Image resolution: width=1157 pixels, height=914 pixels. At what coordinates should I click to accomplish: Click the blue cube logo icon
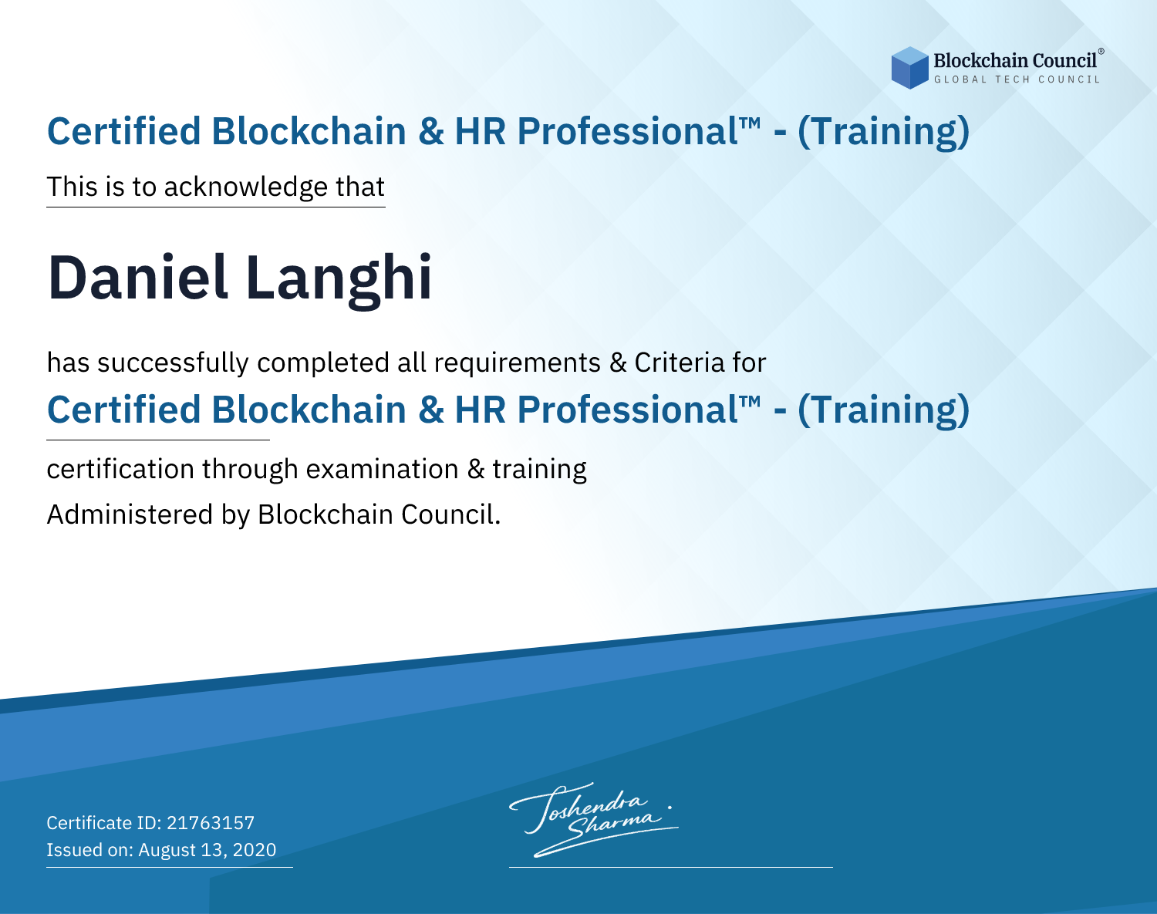pos(909,68)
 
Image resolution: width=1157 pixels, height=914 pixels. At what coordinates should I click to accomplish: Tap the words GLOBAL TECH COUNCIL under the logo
pos(1017,79)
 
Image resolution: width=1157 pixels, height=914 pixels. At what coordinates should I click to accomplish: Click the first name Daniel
pos(137,278)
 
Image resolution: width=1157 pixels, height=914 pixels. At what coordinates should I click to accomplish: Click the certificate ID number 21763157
pos(211,822)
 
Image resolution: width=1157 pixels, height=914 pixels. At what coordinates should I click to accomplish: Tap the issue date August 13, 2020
pos(207,850)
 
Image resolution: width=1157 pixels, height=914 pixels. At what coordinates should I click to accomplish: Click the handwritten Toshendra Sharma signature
pos(594,819)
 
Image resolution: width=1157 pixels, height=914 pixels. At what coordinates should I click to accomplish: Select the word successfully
pos(173,363)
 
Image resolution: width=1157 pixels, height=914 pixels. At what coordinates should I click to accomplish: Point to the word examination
pos(383,469)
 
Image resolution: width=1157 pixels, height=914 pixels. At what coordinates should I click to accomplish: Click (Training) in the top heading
pos(883,132)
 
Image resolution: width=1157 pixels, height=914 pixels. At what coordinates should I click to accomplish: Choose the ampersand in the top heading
pos(430,132)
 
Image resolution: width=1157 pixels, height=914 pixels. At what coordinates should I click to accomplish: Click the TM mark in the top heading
pos(751,123)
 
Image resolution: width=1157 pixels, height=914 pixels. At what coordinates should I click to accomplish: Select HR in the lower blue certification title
pos(481,410)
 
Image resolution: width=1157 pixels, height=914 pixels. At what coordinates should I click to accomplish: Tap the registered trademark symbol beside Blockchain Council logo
pos(1101,52)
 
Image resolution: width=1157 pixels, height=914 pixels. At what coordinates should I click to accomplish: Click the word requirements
pos(518,364)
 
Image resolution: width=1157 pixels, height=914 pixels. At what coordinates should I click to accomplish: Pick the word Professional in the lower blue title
pos(627,410)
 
